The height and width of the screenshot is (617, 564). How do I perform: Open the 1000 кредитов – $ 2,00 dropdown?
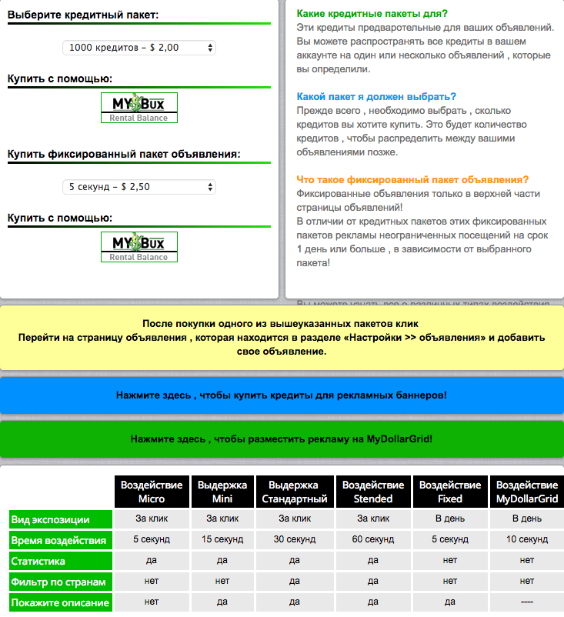point(139,48)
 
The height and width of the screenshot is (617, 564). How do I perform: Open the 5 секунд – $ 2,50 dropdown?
point(139,187)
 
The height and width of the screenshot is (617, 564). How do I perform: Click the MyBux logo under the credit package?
point(138,108)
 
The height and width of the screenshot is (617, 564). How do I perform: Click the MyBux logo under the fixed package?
point(138,247)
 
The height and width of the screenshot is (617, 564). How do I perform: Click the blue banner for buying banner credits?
point(282,395)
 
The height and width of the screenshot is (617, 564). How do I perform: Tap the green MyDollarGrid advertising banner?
point(282,439)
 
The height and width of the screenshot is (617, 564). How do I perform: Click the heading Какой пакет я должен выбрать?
point(376,97)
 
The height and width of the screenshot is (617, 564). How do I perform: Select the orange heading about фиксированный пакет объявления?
point(412,180)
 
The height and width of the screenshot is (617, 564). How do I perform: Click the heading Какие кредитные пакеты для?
point(372,14)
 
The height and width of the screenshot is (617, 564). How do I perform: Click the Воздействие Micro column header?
point(152,492)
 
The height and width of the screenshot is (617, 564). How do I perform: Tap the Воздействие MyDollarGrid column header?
point(526,492)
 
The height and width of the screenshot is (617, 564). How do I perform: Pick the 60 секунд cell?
point(373,539)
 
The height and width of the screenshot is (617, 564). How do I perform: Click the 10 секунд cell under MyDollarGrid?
point(526,539)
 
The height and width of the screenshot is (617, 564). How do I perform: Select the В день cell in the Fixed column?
point(450,519)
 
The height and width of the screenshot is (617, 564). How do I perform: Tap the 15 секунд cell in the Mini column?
point(222,539)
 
